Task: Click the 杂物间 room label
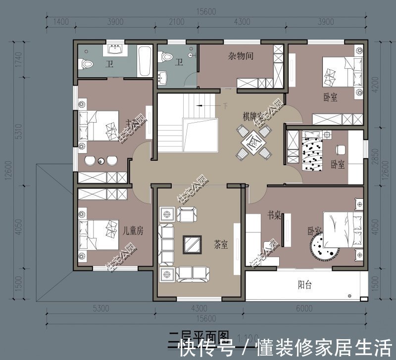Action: tap(241, 56)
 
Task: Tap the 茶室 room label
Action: tap(221, 244)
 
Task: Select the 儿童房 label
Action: tap(133, 230)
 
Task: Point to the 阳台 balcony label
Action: tap(305, 285)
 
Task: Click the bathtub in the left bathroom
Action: tap(145, 62)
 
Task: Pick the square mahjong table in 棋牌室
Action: tap(251, 143)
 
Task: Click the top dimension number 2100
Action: tap(176, 22)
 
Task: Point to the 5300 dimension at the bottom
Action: tap(100, 309)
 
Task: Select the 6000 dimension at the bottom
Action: tap(304, 309)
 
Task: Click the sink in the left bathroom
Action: tap(117, 49)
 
